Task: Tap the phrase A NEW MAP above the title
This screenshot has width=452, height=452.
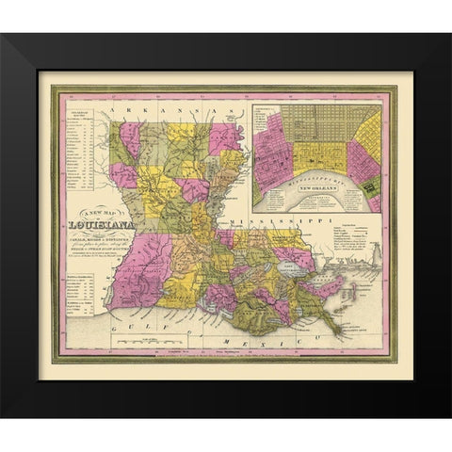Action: coord(100,213)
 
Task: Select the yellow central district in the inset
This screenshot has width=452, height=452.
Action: coord(320,156)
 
